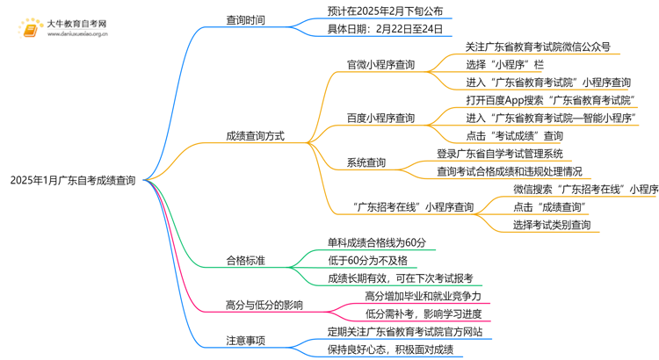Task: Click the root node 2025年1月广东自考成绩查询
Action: (x=73, y=181)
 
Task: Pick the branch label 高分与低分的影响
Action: (x=264, y=305)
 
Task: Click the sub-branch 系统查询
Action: (x=366, y=162)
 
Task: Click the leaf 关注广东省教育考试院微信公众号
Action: (x=538, y=47)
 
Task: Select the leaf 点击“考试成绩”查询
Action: (x=515, y=136)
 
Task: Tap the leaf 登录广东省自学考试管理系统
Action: (x=499, y=154)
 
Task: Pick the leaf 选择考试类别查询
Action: (x=552, y=225)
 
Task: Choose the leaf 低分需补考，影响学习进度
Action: (x=423, y=313)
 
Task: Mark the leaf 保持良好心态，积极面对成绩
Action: (x=390, y=349)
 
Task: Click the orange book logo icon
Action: (x=30, y=27)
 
